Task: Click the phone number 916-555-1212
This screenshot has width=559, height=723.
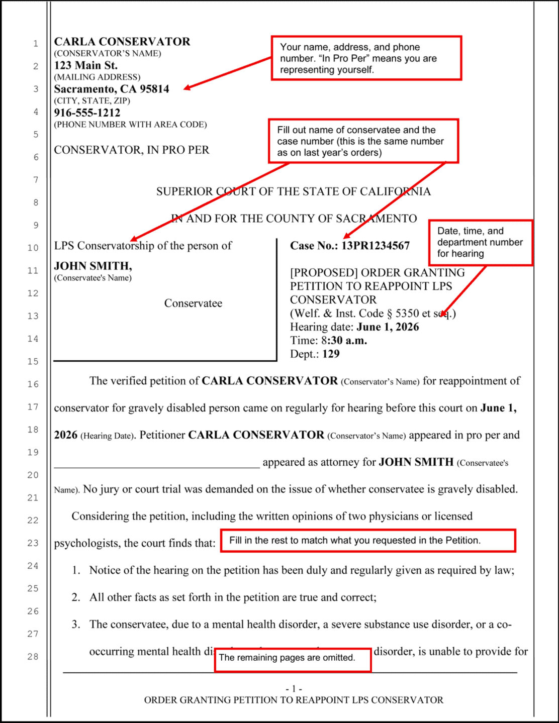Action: [87, 113]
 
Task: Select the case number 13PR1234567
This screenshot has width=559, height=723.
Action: [376, 246]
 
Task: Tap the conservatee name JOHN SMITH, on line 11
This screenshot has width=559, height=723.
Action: [93, 266]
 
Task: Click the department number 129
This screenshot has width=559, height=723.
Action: [331, 354]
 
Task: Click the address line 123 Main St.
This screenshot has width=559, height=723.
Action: [86, 65]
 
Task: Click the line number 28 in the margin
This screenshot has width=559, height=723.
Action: [33, 656]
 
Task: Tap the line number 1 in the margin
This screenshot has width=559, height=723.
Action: [36, 44]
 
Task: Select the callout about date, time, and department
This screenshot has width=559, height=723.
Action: [480, 242]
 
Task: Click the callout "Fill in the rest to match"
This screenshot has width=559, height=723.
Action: [368, 541]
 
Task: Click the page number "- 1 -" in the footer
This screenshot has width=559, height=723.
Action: [294, 689]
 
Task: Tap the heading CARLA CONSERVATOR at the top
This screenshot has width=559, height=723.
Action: [122, 42]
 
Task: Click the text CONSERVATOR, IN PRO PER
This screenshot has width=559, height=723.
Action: [132, 150]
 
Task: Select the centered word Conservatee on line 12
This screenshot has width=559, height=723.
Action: [193, 303]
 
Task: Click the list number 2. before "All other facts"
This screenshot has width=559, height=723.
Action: [76, 597]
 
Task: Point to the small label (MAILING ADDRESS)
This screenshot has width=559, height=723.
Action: [97, 77]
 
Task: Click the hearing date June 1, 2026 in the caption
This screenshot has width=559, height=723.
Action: [388, 327]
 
